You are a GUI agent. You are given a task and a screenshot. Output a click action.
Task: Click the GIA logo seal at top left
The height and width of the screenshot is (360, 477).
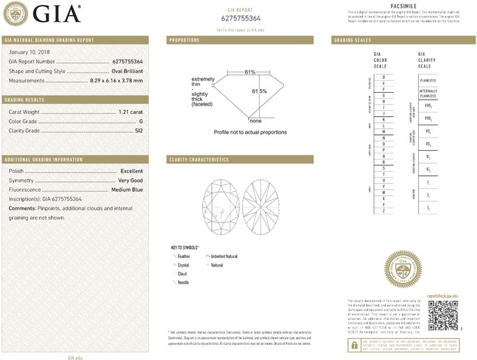pos(15,13)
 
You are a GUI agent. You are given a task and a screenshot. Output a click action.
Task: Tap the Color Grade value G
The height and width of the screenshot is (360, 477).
pos(140,121)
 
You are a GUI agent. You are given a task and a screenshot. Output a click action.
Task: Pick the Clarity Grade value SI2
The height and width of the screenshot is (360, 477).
pos(137,131)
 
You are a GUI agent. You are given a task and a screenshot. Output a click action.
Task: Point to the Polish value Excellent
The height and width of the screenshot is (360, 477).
pos(131,171)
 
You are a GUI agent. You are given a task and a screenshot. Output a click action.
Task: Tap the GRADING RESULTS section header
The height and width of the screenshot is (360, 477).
pos(25,100)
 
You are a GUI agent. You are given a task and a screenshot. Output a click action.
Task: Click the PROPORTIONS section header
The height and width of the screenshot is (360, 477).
pos(184,39)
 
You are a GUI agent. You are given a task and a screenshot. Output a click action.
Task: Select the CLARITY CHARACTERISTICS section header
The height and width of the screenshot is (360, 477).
pos(198,160)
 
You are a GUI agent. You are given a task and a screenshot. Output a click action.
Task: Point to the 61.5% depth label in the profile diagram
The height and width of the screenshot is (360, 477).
pos(260,91)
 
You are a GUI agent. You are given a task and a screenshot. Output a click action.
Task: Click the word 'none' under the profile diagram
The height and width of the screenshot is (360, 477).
pos(255,121)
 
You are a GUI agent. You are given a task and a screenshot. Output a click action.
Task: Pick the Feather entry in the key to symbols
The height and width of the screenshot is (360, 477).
pos(183,257)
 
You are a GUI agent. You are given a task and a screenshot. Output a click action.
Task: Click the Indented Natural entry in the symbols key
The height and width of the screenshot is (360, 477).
pos(224,257)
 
